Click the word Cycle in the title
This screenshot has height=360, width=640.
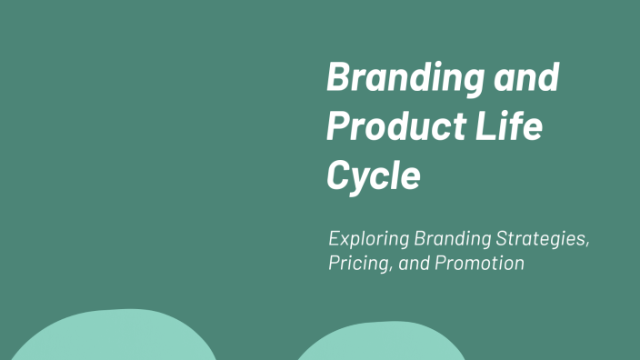click(x=373, y=175)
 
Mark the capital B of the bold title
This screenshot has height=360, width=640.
click(x=338, y=78)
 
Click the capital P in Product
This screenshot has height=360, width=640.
click(x=337, y=127)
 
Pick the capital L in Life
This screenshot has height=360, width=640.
click(x=486, y=126)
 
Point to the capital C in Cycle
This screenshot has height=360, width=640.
click(x=338, y=175)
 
